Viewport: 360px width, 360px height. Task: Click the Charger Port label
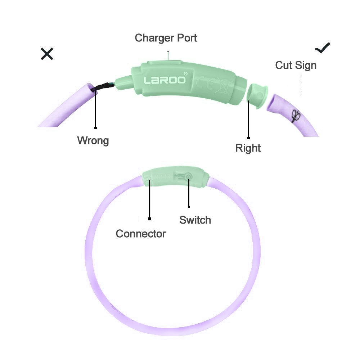tap(166, 38)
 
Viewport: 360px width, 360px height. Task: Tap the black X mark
tap(47, 54)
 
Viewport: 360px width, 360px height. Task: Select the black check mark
tap(322, 48)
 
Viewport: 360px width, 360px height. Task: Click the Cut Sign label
tap(296, 65)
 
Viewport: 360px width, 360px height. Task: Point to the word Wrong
tap(93, 140)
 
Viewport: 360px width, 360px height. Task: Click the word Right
tap(248, 148)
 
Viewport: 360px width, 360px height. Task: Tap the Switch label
tap(195, 220)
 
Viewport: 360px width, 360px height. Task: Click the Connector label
tap(141, 234)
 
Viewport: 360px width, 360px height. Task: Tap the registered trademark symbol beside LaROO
tap(185, 73)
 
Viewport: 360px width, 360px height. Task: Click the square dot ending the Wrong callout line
tap(95, 127)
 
